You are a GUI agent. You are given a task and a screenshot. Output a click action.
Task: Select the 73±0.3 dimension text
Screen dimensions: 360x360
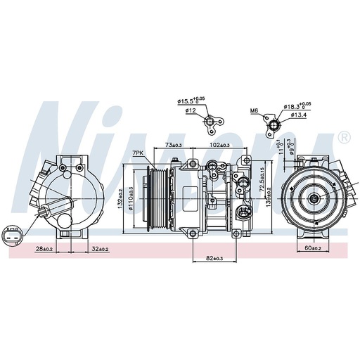(x=173, y=144)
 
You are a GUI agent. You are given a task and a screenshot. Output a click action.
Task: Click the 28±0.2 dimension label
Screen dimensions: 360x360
(x=44, y=249)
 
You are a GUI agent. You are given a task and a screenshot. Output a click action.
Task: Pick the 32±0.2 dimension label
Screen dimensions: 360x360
(x=98, y=249)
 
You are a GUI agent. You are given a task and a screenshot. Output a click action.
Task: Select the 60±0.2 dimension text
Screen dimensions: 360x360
(x=314, y=249)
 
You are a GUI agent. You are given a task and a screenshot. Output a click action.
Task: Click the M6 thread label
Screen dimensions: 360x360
(x=254, y=110)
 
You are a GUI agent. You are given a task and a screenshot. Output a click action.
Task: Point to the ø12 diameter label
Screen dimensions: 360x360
(x=191, y=110)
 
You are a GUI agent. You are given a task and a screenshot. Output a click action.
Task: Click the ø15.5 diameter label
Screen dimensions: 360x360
(x=191, y=101)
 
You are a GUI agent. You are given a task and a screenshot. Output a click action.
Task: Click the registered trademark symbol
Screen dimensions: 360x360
(x=344, y=137)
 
